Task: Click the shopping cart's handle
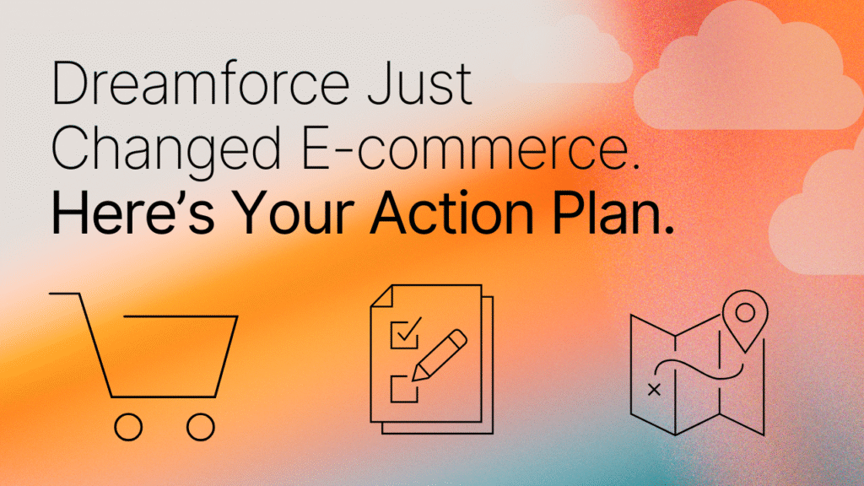(x=66, y=294)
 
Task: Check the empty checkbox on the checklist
(x=400, y=388)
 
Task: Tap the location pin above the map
(x=744, y=320)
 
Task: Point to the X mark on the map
(x=652, y=390)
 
